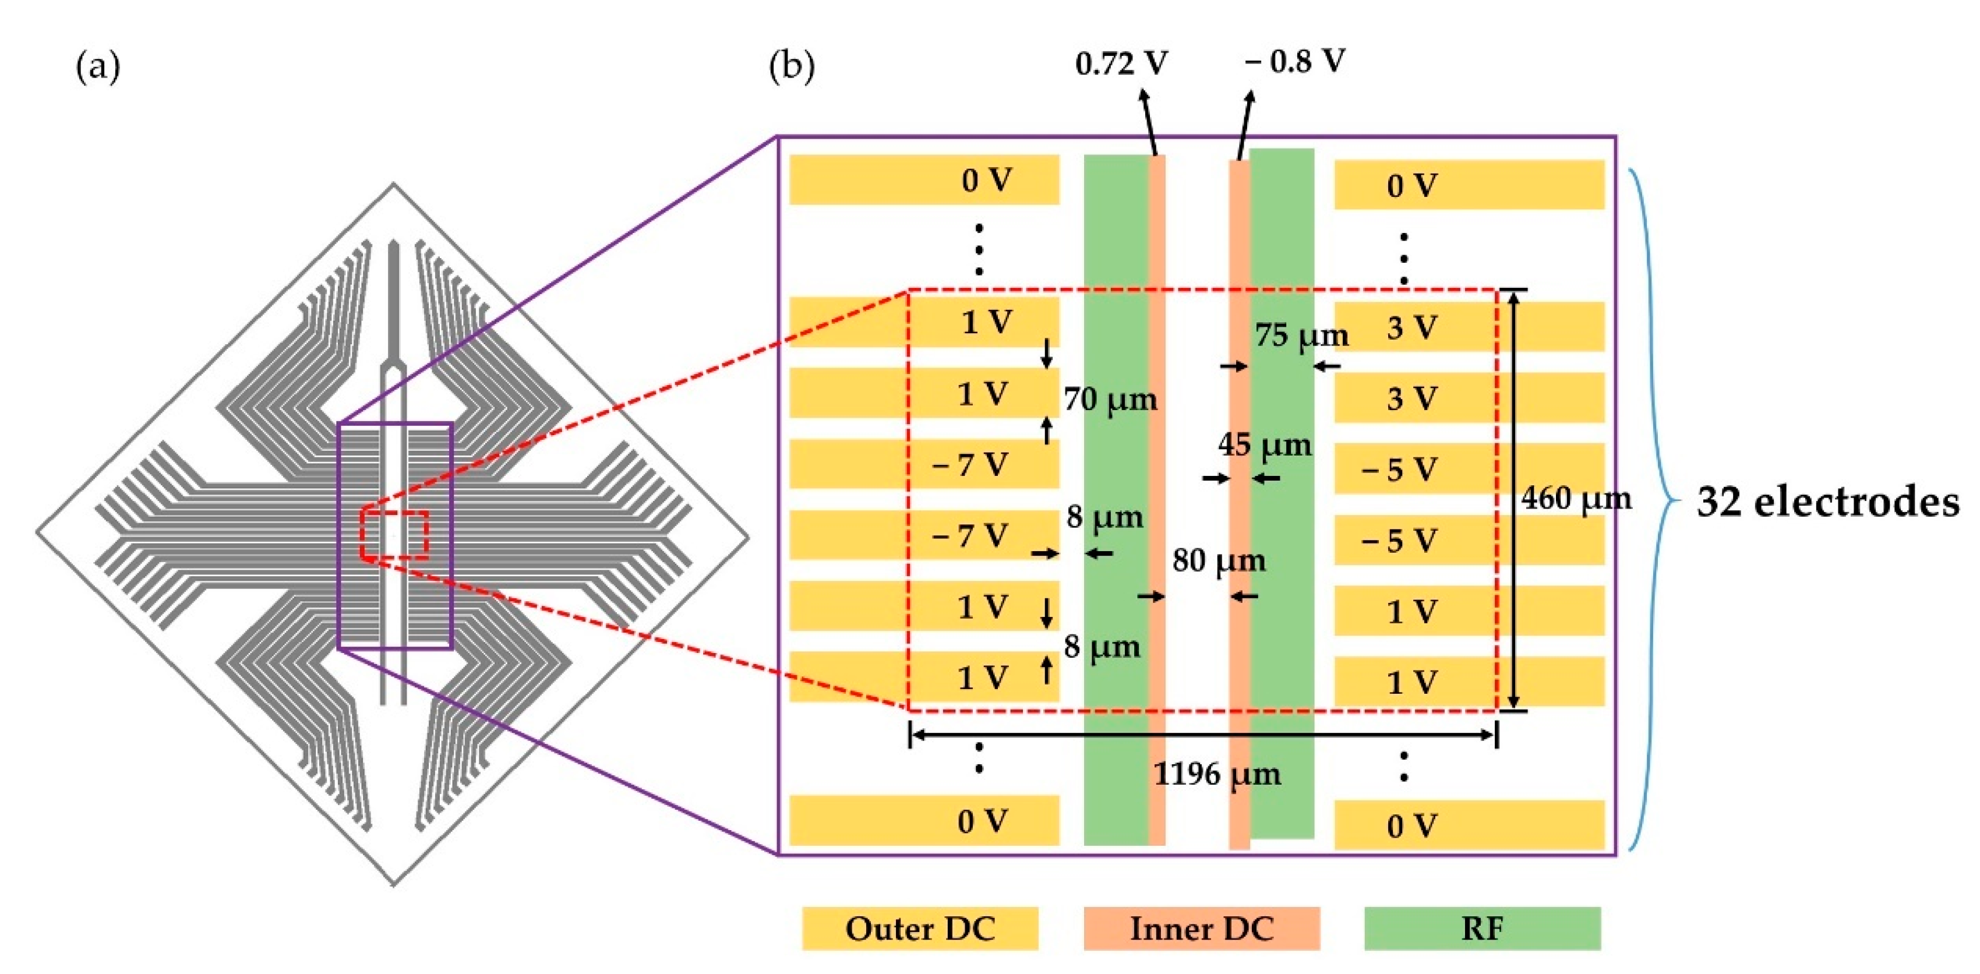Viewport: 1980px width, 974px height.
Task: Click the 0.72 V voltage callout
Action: point(1121,63)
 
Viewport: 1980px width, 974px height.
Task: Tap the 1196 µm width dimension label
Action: point(1217,774)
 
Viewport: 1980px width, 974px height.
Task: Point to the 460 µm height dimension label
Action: point(1576,499)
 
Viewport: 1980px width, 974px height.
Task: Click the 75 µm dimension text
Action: point(1301,335)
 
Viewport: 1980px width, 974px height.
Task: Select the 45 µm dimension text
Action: point(1265,445)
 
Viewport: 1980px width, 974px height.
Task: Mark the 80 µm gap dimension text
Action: point(1218,560)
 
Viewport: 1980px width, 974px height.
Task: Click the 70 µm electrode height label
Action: point(1110,399)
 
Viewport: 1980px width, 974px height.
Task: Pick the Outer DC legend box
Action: point(919,929)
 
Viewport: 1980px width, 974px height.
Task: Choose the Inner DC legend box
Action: point(1201,929)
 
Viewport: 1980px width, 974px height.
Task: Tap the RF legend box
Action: point(1482,929)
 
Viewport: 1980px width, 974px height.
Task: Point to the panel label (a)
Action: point(98,68)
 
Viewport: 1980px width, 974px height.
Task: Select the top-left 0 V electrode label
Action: point(987,180)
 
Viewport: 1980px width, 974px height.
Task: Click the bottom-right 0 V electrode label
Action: point(1411,827)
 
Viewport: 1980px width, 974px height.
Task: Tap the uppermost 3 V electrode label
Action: point(1411,328)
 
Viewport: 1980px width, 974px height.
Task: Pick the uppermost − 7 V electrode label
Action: point(970,464)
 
